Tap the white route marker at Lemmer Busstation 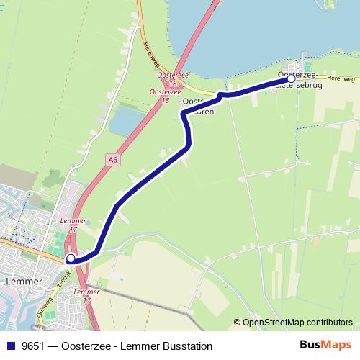(x=71, y=258)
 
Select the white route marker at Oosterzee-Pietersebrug (x=292, y=79)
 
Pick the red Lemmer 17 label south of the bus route (x=87, y=295)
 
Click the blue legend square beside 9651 (x=12, y=343)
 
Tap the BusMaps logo (x=325, y=343)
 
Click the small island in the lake (x=330, y=6)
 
